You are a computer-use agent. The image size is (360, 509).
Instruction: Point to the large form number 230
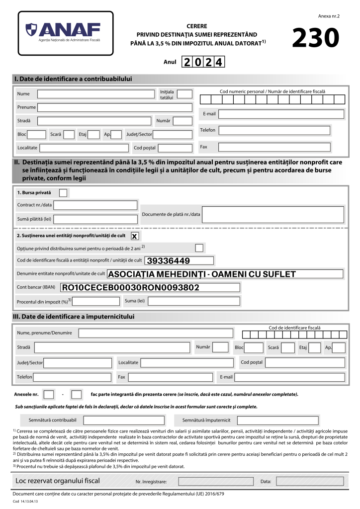(x=316, y=38)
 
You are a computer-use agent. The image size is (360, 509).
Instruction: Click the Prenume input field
(x=115, y=107)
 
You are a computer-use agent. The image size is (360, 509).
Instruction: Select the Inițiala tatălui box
(x=184, y=94)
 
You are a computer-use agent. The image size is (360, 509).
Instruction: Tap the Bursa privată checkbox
(x=63, y=193)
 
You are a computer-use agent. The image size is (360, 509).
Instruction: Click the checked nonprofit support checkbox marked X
(x=134, y=236)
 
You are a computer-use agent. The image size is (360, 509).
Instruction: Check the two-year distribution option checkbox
(x=199, y=248)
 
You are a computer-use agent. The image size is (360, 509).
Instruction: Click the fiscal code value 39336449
(x=169, y=260)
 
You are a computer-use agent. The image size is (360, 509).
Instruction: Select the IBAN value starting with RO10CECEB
(x=130, y=287)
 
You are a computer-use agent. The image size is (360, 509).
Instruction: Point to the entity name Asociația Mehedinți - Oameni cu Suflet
(x=201, y=274)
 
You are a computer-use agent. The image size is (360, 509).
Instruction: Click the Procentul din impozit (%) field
(x=96, y=301)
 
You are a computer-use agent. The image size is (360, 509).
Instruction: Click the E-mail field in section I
(x=281, y=114)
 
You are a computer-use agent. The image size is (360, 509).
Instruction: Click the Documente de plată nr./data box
(x=272, y=215)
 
